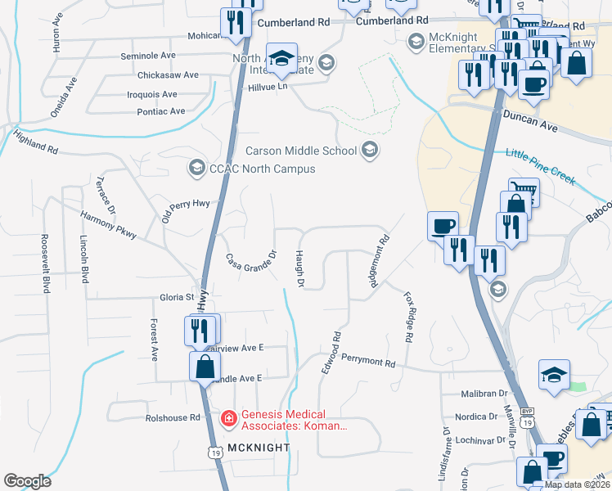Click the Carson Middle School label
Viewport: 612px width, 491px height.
[301, 151]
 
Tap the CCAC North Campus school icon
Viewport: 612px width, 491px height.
[196, 169]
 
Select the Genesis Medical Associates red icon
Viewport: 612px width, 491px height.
[231, 418]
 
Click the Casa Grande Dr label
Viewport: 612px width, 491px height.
[252, 264]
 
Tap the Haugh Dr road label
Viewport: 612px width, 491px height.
[299, 269]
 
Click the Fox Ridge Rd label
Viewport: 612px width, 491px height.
[407, 317]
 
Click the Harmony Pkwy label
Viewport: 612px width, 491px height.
[108, 225]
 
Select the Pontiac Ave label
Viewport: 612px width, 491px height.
[161, 111]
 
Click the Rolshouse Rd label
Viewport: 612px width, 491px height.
[173, 418]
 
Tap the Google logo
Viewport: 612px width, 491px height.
[27, 481]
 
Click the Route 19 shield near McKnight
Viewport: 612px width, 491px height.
[215, 452]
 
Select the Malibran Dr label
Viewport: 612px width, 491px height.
[479, 394]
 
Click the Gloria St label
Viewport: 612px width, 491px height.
[178, 297]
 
